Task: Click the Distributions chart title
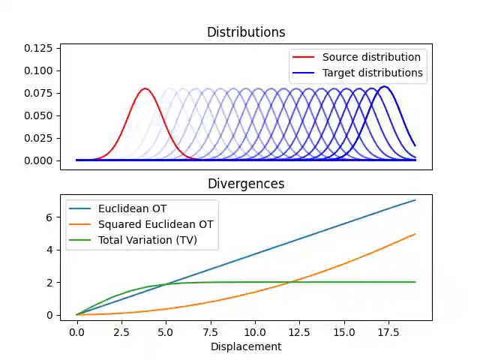coord(246,32)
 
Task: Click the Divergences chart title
coord(246,184)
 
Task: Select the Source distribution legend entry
coord(371,57)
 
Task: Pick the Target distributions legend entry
coord(373,73)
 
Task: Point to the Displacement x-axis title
coord(246,346)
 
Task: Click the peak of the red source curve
coord(145,88)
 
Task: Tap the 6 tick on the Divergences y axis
coord(49,217)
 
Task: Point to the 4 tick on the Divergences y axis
coord(49,250)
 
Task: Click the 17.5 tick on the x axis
coord(388,332)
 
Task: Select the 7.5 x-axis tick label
coord(210,332)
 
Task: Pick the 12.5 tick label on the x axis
coord(299,332)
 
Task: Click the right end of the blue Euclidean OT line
coord(415,200)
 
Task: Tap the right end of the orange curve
coord(415,234)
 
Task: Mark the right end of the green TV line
coord(415,282)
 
